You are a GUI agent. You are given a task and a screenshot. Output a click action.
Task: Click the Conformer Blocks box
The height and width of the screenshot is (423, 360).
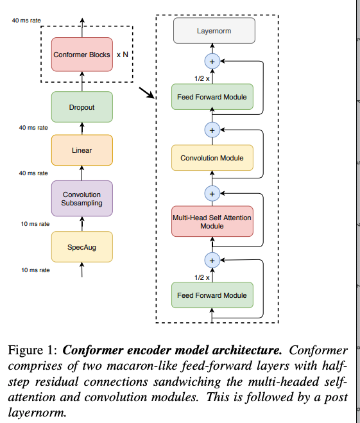point(81,55)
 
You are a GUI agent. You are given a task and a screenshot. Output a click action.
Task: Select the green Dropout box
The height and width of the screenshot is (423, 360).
point(81,107)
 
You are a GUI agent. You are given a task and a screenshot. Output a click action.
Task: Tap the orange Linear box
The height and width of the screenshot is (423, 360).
point(81,150)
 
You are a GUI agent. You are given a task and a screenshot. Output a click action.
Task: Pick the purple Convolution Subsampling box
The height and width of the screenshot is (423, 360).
point(81,198)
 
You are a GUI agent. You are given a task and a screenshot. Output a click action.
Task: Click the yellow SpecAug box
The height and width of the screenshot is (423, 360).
point(81,246)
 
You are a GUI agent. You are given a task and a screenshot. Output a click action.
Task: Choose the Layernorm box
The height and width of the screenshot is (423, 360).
point(214,30)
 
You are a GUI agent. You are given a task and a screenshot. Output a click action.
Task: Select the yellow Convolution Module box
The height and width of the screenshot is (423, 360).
point(212,157)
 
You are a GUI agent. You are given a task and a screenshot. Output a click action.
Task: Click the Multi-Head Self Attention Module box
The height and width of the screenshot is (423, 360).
point(212,222)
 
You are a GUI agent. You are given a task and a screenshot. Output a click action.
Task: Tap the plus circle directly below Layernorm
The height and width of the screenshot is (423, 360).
point(212,61)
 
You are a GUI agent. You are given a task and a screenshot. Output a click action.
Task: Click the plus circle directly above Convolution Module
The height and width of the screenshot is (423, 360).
point(212,130)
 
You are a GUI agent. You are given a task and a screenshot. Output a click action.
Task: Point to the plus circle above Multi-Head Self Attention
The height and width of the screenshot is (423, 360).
point(212,192)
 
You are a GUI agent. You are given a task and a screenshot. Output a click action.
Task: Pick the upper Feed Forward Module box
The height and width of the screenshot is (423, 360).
point(212,98)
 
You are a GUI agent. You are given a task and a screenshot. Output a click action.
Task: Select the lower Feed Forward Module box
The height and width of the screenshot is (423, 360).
point(212,295)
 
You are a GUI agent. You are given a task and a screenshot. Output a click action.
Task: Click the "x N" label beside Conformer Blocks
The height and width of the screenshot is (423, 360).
point(122,55)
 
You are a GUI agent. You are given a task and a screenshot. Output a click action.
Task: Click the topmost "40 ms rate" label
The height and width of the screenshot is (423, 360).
point(26,21)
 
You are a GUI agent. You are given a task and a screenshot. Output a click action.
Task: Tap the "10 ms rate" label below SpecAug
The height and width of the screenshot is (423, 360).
point(35,270)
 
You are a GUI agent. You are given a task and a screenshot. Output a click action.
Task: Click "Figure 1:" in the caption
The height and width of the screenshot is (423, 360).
point(32,351)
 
